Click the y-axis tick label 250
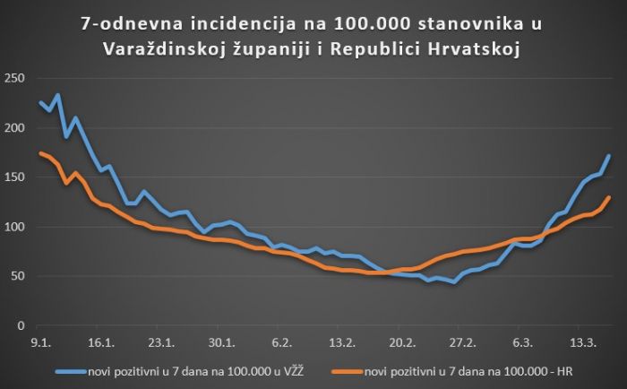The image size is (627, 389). [x=13, y=79]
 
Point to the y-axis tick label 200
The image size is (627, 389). [x=13, y=128]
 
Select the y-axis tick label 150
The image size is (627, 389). [x=13, y=177]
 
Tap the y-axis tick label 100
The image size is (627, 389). [x=13, y=227]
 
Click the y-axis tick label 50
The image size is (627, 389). [x=15, y=276]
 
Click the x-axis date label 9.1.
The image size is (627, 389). [x=40, y=341]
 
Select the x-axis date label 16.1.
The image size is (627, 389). [x=100, y=341]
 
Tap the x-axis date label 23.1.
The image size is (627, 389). [x=161, y=341]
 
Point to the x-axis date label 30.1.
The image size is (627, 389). [x=221, y=341]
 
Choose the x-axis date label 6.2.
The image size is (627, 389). [x=282, y=341]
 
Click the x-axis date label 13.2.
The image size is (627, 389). [x=342, y=341]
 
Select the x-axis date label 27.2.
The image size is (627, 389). [x=463, y=341]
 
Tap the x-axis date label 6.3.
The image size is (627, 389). [x=524, y=341]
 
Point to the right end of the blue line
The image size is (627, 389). [x=609, y=156]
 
